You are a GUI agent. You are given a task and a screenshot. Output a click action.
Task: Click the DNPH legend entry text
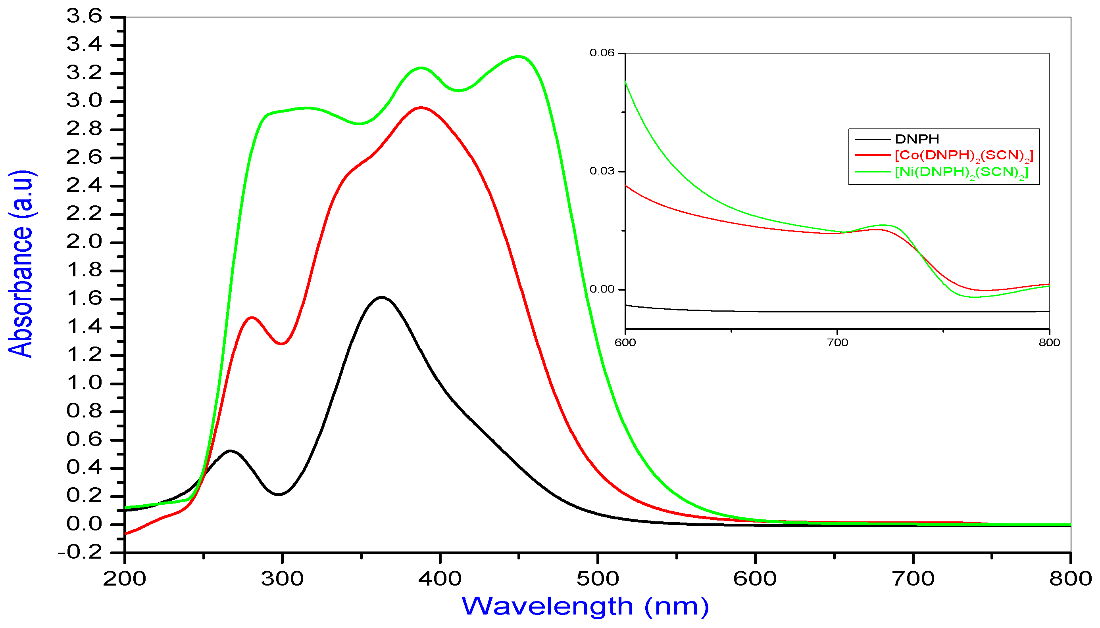(917, 139)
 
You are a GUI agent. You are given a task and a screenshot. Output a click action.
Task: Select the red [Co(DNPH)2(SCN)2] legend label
(964, 156)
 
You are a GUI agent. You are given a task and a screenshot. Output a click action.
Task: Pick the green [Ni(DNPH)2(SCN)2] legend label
(962, 172)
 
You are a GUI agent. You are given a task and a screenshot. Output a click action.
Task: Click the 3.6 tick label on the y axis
(84, 16)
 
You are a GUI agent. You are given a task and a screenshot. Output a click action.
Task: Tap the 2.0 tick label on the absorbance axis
(84, 242)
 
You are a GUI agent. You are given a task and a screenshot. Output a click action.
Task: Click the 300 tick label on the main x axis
(282, 579)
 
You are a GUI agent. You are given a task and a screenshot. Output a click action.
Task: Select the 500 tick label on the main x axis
(598, 579)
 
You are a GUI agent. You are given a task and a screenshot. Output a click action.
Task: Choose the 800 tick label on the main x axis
(1070, 579)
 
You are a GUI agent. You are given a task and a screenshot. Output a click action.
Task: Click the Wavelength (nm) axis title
(585, 607)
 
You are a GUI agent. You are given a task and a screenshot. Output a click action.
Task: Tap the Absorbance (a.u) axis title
(21, 264)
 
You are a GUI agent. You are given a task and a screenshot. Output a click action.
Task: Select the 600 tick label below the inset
(625, 343)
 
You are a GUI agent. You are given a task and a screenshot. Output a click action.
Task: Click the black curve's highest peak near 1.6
(382, 297)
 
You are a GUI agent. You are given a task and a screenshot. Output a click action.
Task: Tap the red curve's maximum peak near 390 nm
(421, 107)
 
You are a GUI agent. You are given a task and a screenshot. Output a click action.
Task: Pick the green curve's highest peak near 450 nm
(519, 57)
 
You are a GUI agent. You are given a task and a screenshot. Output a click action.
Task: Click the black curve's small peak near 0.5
(230, 451)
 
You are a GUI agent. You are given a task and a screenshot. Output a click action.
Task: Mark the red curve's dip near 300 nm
(281, 344)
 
